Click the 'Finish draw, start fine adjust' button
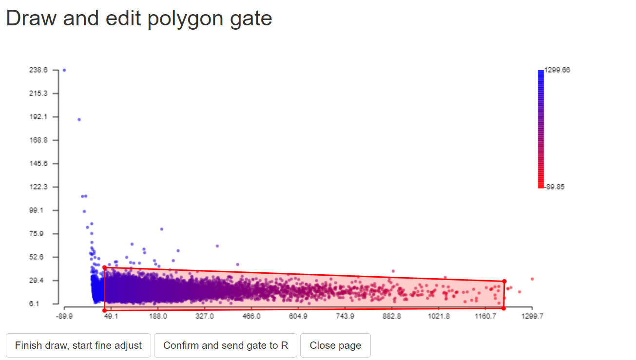(78, 345)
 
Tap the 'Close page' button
(335, 345)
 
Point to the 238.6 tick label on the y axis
(39, 70)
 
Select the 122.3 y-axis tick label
(39, 187)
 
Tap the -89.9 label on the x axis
(64, 316)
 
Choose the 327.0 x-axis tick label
(205, 316)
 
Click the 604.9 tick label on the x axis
(298, 316)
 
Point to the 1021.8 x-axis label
(439, 316)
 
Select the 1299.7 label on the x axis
(532, 316)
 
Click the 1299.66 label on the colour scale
(557, 70)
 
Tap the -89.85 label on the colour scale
(555, 187)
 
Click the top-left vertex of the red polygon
(104, 267)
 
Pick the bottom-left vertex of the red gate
(104, 310)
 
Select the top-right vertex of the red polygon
(504, 281)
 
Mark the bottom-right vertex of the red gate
(503, 308)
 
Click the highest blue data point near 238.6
(64, 70)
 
